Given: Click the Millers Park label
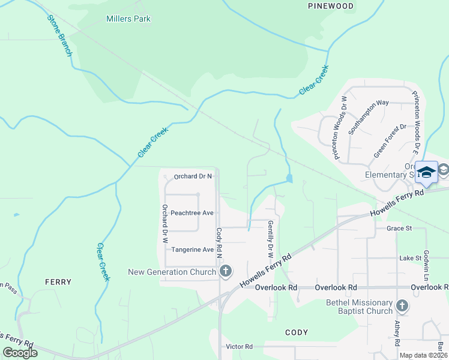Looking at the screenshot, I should click(128, 19).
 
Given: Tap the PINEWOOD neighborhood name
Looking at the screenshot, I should click(330, 5).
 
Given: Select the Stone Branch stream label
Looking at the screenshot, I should click(59, 35).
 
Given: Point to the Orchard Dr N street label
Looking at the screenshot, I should click(193, 176).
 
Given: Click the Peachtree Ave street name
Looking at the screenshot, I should click(192, 213).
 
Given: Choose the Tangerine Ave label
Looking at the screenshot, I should click(192, 250).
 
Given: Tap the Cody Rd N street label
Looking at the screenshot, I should click(220, 243).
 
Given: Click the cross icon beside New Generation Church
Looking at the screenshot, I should click(226, 272).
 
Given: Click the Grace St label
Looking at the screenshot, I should click(399, 229).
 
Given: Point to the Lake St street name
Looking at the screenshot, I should click(411, 258).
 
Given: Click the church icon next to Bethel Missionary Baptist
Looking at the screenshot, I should click(402, 307).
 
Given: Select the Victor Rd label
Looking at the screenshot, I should click(240, 347).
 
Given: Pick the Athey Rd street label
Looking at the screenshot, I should click(397, 334).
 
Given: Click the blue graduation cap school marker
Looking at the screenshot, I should click(426, 172).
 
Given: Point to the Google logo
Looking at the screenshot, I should click(20, 353).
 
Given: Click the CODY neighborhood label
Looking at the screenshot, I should click(297, 332).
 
